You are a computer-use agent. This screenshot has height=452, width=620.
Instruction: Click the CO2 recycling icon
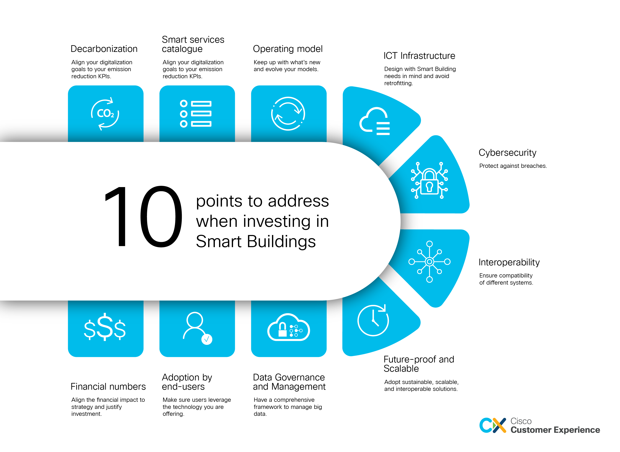(105, 114)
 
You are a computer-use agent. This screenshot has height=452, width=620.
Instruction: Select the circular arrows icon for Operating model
(288, 114)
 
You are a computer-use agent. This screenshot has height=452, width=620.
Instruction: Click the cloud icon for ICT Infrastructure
(374, 121)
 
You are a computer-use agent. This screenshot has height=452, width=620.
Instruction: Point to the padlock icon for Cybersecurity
(429, 181)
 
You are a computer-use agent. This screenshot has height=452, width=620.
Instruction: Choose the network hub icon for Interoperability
(429, 262)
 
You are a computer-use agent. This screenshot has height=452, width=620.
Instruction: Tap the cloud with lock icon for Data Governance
(289, 327)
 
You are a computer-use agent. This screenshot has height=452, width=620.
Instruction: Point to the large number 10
(143, 216)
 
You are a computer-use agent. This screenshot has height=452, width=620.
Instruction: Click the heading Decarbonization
(104, 49)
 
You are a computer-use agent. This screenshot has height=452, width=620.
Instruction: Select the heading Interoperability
(509, 262)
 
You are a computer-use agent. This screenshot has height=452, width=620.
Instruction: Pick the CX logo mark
(493, 425)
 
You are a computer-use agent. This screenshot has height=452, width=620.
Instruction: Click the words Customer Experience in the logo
(555, 430)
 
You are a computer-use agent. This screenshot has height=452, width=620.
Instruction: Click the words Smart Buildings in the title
(256, 242)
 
